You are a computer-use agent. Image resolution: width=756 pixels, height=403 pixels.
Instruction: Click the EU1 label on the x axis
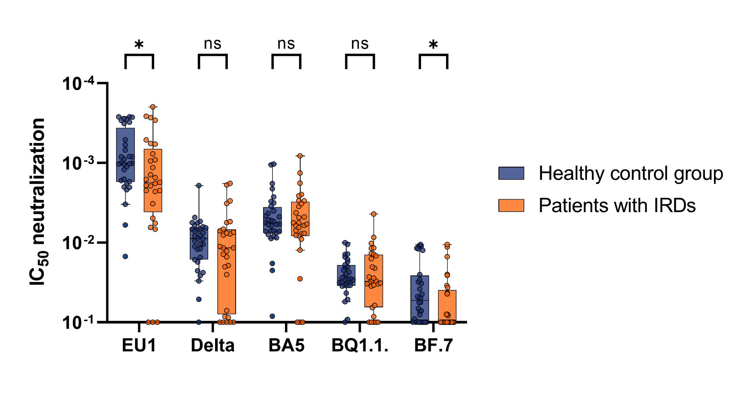[x=139, y=346]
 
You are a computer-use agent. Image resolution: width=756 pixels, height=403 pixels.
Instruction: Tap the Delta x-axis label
[x=212, y=346]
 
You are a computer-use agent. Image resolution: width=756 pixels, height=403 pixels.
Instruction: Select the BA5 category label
[x=286, y=346]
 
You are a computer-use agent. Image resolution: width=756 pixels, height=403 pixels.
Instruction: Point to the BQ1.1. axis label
[x=360, y=346]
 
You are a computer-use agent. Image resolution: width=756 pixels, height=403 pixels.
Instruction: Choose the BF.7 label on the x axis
[x=433, y=346]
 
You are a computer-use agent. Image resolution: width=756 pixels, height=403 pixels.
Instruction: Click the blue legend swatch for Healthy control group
[x=511, y=173]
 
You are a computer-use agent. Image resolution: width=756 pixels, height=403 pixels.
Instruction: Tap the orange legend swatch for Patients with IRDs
[x=511, y=205]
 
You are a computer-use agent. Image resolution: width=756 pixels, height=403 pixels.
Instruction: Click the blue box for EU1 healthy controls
[x=125, y=155]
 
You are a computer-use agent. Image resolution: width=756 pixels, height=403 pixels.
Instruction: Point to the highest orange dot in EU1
[x=153, y=107]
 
